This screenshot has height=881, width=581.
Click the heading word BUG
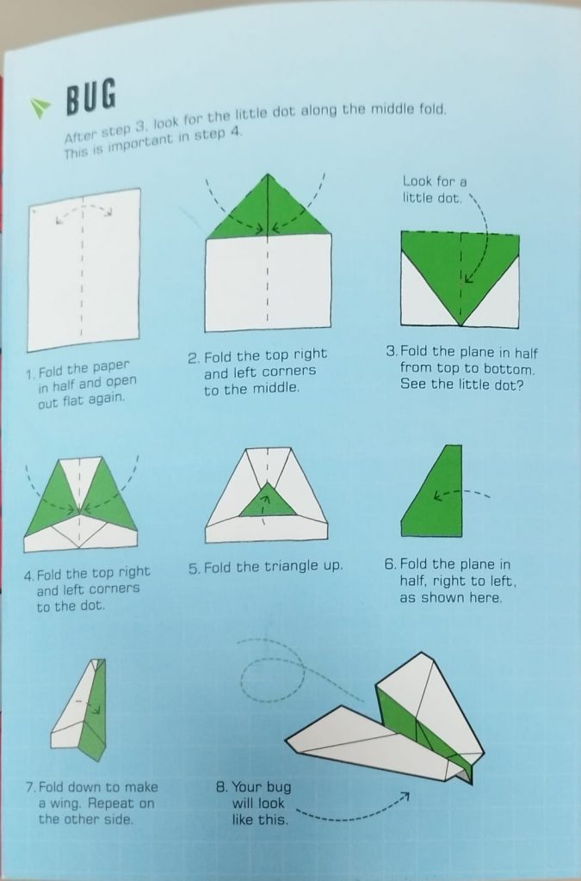(91, 95)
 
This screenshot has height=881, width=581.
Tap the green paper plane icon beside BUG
(40, 108)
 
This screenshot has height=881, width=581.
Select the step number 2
(194, 358)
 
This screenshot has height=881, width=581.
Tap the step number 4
(28, 576)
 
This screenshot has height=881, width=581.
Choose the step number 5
(194, 569)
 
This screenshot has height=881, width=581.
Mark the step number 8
(221, 786)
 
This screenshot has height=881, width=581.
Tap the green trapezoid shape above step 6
(432, 491)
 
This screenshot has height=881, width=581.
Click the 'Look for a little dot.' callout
(434, 189)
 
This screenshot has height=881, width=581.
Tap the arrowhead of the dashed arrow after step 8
(404, 797)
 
